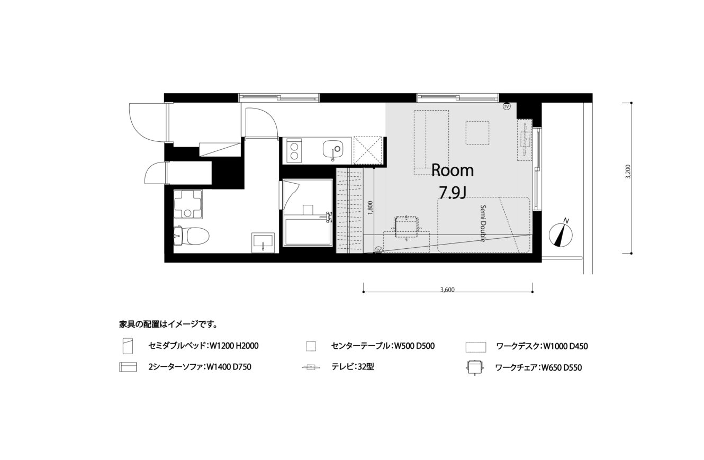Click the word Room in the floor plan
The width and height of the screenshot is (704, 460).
[453, 170]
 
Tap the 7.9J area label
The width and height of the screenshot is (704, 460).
[453, 193]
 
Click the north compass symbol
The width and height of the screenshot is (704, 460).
[561, 234]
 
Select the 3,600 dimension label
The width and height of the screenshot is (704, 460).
[448, 290]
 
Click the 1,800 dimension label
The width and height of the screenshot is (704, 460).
[370, 208]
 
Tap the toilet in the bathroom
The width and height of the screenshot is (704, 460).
[192, 236]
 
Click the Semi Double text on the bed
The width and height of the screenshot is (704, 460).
[483, 223]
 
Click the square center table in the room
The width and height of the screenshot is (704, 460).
[477, 132]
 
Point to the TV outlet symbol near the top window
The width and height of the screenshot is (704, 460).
[507, 106]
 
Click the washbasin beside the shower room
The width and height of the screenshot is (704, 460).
[263, 242]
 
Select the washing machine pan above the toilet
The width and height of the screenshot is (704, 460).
[188, 204]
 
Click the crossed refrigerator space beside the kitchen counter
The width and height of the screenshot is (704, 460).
[368, 150]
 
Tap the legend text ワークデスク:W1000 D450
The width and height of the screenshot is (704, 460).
[542, 346]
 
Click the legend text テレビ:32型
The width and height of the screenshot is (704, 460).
[353, 367]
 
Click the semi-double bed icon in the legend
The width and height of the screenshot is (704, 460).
[128, 346]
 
